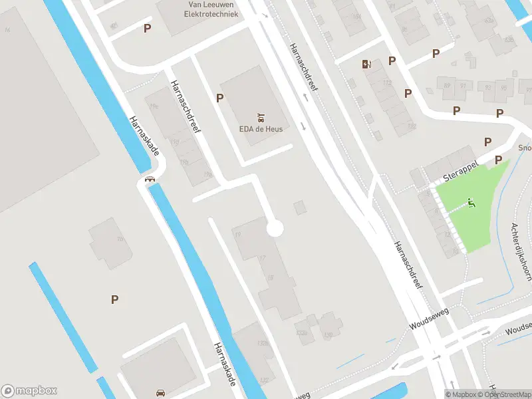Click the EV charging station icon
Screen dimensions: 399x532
click(x=365, y=64)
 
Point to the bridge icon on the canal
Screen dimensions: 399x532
click(x=150, y=178)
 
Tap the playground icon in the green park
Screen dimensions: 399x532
click(x=472, y=203)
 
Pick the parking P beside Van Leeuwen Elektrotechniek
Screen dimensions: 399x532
click(x=147, y=28)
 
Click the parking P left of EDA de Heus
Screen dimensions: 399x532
click(x=219, y=98)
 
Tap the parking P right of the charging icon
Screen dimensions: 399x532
click(x=392, y=61)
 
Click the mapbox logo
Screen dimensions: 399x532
click(x=29, y=391)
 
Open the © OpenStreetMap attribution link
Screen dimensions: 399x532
click(x=507, y=394)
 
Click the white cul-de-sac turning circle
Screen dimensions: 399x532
click(x=275, y=229)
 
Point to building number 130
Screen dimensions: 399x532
click(x=327, y=335)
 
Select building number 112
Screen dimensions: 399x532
click(x=387, y=83)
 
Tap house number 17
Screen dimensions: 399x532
click(x=262, y=257)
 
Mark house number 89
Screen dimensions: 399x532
click(x=446, y=85)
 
